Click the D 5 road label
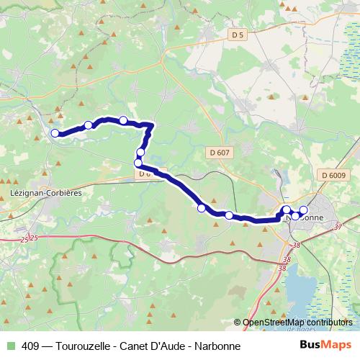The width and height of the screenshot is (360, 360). [x=238, y=34]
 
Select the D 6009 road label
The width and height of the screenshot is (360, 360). [x=334, y=175]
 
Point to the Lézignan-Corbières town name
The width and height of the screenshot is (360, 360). [x=46, y=194]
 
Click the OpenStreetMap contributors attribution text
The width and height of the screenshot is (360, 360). [x=298, y=323]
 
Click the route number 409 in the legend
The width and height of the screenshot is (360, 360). [x=30, y=346]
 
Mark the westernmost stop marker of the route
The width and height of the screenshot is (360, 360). [x=55, y=132]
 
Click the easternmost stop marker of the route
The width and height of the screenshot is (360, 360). [x=303, y=210]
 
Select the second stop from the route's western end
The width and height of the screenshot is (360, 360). [x=89, y=125]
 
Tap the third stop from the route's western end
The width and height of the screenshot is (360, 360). [x=123, y=120]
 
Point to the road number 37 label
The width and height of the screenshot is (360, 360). [x=338, y=227]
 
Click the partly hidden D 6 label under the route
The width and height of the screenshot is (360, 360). [x=145, y=174]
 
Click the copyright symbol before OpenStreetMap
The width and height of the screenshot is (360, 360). [x=238, y=323]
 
